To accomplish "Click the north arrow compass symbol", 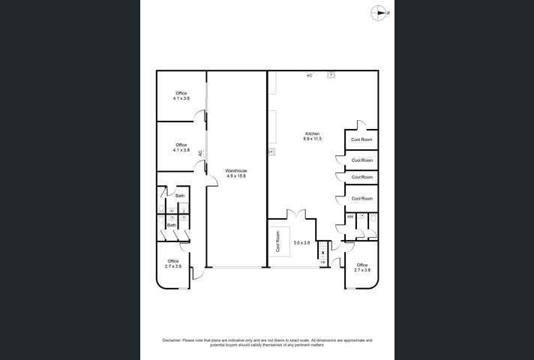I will click(x=381, y=12).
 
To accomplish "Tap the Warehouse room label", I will click(x=236, y=171).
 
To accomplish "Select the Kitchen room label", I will click(x=312, y=133).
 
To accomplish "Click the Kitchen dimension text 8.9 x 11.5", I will click(x=312, y=139).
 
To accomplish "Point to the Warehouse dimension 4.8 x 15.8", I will click(x=236, y=176).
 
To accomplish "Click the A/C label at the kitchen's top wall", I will click(x=309, y=76).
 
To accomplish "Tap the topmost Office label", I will click(x=181, y=93).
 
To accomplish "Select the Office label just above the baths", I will click(x=181, y=145).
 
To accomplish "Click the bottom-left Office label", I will click(x=173, y=261).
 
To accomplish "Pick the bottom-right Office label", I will click(x=362, y=265).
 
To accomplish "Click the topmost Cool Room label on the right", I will click(x=362, y=139).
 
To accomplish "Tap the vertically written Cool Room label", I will click(x=277, y=242).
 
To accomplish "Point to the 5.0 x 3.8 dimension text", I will click(x=301, y=242).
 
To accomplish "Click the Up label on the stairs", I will click(x=323, y=262).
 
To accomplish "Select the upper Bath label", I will click(x=180, y=196).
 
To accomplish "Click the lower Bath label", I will click(x=171, y=225).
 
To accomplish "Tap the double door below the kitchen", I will click(x=300, y=214).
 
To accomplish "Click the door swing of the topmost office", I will click(x=200, y=115).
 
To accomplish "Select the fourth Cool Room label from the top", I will click(x=362, y=199).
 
